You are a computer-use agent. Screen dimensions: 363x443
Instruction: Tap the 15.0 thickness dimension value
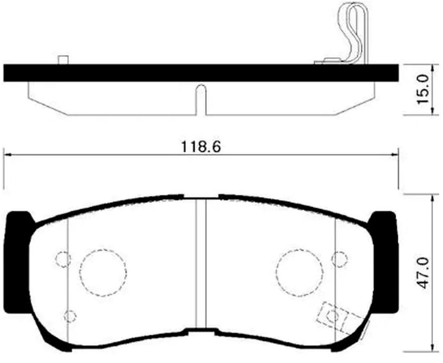tap(425, 89)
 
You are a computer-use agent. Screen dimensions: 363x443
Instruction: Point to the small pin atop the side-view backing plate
tap(64, 60)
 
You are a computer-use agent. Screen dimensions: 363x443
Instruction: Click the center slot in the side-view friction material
tap(200, 100)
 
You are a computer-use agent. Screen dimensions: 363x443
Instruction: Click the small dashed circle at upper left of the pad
tap(63, 259)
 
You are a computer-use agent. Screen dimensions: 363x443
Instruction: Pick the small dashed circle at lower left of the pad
tap(69, 316)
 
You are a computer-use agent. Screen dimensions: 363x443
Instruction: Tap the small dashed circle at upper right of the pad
tap(339, 259)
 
